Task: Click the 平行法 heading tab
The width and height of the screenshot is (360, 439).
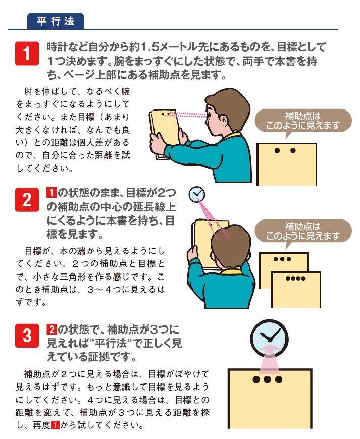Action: [55, 21]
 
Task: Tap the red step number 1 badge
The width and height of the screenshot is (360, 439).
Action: [29, 54]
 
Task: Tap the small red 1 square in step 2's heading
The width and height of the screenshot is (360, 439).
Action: [51, 192]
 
